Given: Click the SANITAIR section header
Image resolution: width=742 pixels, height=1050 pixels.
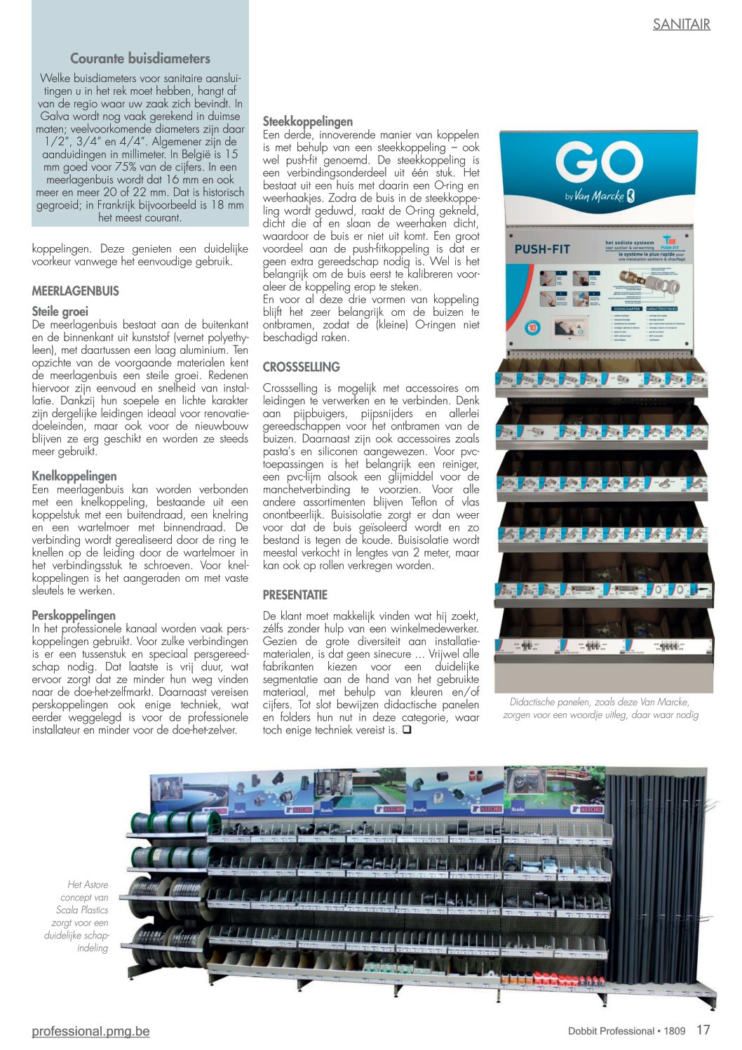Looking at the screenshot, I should [681, 24].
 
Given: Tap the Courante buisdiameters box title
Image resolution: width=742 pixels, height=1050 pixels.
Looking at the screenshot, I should [140, 58].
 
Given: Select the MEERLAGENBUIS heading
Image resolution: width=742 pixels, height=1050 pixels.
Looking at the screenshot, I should [76, 291].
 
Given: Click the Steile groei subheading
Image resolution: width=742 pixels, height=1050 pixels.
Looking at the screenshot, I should [60, 311].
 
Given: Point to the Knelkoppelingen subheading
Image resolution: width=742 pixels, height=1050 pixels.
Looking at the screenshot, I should [74, 476].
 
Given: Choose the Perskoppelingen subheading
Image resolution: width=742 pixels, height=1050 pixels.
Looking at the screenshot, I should [74, 615].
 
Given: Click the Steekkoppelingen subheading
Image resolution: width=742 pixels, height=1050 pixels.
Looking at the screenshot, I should [308, 121].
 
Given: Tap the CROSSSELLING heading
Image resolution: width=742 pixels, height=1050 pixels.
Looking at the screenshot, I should [301, 366].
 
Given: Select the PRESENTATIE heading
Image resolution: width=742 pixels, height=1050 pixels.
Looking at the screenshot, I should [295, 594].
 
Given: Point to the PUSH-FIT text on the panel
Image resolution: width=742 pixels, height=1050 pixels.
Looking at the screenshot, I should [542, 249].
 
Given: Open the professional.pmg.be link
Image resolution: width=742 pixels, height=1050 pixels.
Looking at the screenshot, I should [90, 1030].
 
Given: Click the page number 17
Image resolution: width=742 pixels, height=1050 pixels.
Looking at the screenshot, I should [703, 1030].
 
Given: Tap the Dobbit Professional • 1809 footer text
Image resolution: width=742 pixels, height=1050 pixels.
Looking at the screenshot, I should [626, 1030].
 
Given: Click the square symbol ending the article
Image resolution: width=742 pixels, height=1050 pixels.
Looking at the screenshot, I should [407, 730].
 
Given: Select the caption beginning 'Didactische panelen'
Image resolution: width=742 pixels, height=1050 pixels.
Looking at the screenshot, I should [600, 708].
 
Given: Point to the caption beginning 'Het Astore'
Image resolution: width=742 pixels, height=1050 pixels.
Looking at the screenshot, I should [79, 916].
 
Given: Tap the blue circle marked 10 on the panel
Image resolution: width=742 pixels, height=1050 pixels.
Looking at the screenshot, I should [533, 328].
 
